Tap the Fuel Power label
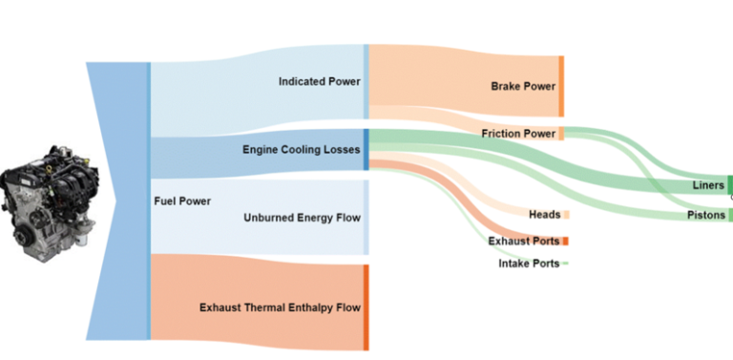[x=182, y=201]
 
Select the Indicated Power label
[x=320, y=82]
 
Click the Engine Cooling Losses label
[x=302, y=150]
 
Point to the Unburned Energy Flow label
[x=303, y=218]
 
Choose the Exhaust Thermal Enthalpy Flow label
[x=281, y=307]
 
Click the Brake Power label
[x=523, y=86]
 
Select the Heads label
[x=544, y=215]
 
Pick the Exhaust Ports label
[x=524, y=241]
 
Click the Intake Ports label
[x=529, y=263]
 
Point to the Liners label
[x=708, y=185]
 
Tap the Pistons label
[x=706, y=215]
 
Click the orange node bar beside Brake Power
[x=562, y=86]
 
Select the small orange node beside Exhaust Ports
[x=566, y=241]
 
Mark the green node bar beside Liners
[x=730, y=184]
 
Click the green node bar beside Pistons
[x=730, y=215]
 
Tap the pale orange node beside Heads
[x=566, y=215]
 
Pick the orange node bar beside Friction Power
[x=561, y=134]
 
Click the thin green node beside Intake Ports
[x=566, y=263]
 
